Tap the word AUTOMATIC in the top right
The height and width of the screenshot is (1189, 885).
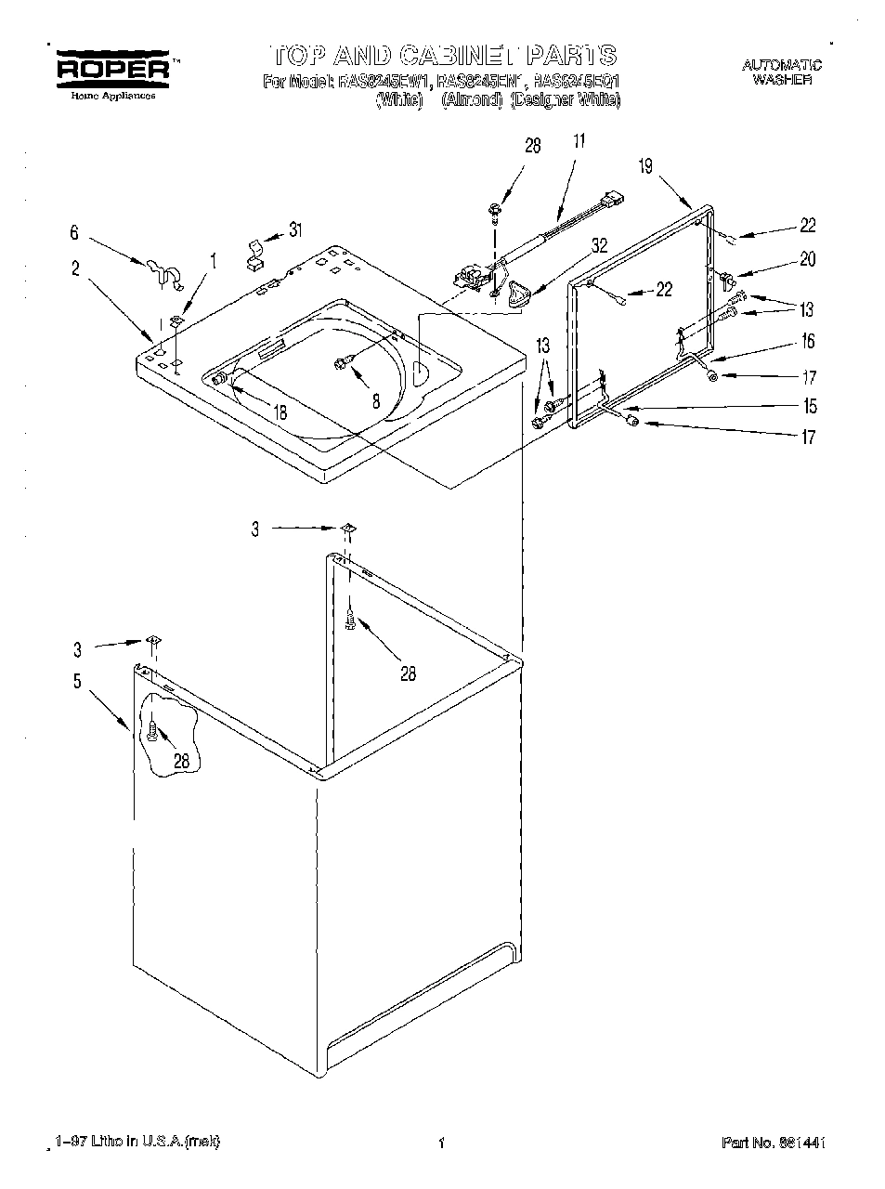(x=781, y=64)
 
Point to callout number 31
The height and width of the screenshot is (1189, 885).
(x=295, y=230)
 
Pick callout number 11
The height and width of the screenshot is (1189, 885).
(x=579, y=143)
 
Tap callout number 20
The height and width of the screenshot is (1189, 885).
(x=807, y=260)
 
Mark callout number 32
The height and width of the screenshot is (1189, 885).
(x=599, y=246)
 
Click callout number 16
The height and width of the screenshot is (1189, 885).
(x=808, y=342)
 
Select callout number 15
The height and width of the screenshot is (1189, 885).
(x=811, y=406)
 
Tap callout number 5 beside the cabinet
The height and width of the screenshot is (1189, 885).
(x=77, y=682)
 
